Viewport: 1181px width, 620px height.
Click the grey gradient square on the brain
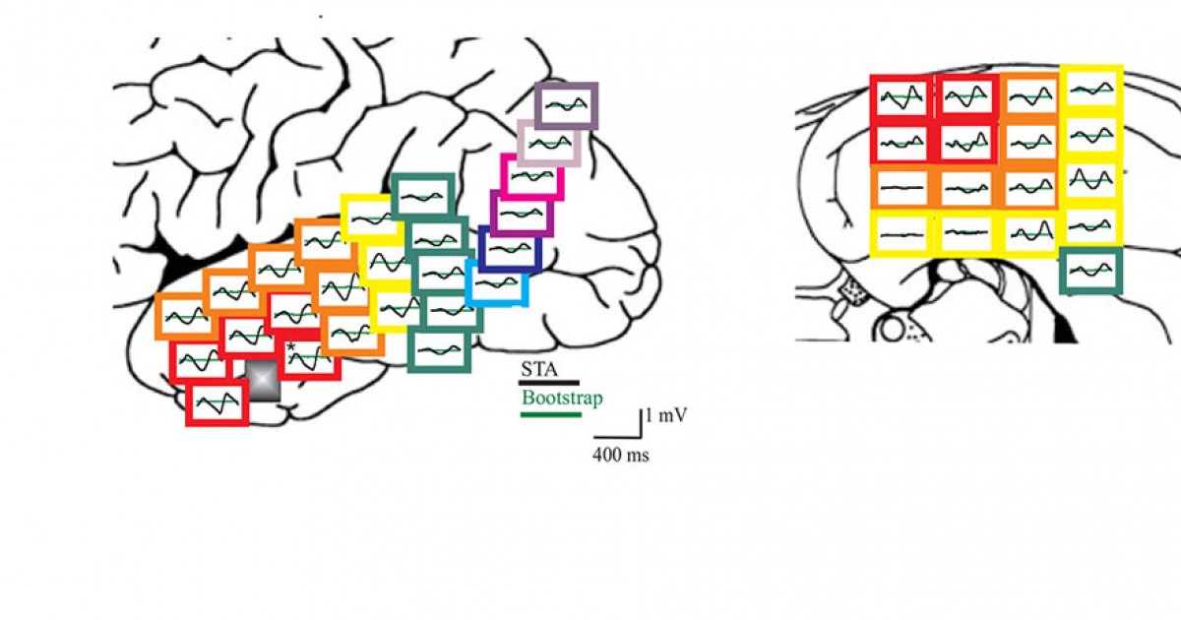click(263, 380)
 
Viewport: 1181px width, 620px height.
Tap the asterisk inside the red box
click(291, 346)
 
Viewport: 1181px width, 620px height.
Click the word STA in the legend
click(538, 370)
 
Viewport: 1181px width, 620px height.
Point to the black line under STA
click(549, 381)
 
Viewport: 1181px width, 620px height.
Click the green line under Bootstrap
click(551, 414)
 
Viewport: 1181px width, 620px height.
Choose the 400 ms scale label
click(620, 456)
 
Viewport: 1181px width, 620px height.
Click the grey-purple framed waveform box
click(566, 105)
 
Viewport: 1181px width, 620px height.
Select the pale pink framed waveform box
click(548, 144)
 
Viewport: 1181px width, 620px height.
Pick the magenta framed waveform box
click(531, 176)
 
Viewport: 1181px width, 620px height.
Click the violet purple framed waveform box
click(521, 213)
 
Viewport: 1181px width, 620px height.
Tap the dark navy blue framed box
click(511, 250)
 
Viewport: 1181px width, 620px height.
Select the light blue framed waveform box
click(496, 283)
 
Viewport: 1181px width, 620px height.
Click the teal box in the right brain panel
click(1091, 271)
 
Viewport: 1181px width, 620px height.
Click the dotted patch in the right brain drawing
click(852, 291)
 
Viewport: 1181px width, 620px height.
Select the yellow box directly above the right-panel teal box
click(1091, 225)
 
